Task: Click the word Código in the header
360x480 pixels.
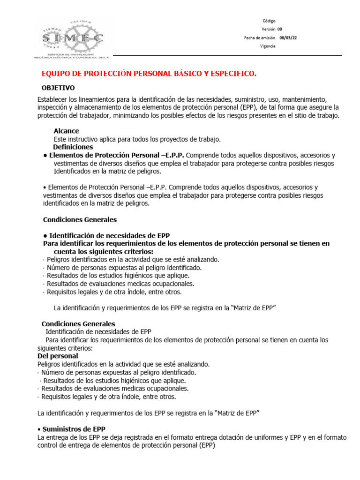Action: [269, 21]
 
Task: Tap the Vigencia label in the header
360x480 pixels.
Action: [268, 46]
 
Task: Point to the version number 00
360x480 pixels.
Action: [280, 30]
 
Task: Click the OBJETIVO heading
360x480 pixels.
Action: [58, 88]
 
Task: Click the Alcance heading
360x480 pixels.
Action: [66, 131]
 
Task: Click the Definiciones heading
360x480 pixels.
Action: [73, 147]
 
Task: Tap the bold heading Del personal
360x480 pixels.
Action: [57, 356]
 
